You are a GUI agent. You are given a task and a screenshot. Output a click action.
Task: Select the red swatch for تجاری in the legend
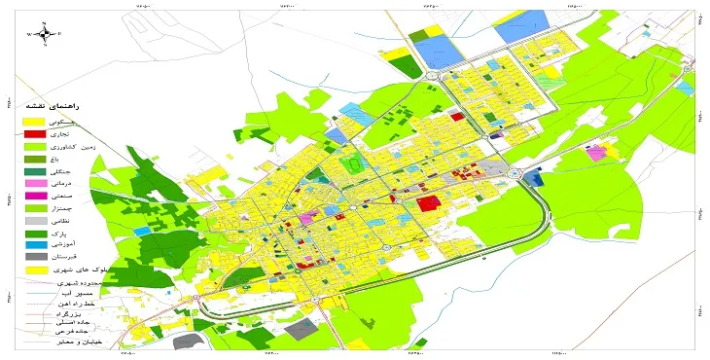tap(33, 133)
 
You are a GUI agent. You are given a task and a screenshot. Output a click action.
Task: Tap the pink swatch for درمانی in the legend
tap(33, 183)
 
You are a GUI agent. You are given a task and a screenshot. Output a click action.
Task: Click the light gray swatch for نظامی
tap(33, 221)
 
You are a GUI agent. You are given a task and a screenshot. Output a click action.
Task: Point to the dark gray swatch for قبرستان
tap(33, 258)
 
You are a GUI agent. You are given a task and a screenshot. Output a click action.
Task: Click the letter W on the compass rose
tap(29, 34)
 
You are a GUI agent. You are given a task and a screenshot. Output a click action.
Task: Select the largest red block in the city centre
tap(427, 203)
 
